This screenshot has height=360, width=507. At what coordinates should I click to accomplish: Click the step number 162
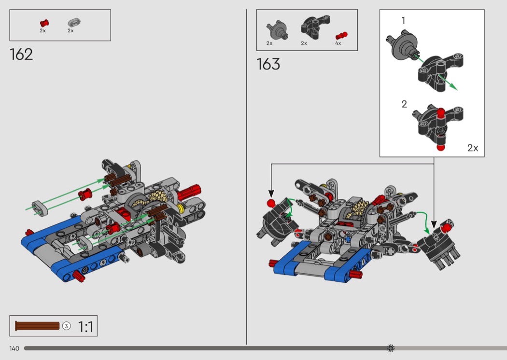tap(21, 55)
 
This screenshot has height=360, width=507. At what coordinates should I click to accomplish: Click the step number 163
tap(268, 64)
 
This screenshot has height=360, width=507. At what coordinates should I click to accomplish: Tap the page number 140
tap(14, 348)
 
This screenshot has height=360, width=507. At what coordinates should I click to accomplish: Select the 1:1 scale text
tap(85, 327)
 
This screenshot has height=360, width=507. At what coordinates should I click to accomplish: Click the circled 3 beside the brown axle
tap(66, 326)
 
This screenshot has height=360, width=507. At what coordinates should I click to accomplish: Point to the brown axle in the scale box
tap(37, 326)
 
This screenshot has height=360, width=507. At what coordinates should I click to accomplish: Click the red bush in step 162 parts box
tap(44, 23)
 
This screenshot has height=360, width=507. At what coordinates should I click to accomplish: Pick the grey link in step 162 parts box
tap(74, 23)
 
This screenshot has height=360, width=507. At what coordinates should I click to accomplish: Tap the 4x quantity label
tap(338, 43)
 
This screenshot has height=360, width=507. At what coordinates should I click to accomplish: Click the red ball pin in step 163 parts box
tap(341, 35)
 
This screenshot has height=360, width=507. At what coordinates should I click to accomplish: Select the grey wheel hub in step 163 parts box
tap(278, 30)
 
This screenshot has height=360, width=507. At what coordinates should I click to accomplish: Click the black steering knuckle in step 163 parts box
tap(315, 27)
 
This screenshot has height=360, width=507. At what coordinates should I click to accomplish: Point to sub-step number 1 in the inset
tap(403, 21)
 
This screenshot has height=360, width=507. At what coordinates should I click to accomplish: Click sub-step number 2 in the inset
tap(404, 104)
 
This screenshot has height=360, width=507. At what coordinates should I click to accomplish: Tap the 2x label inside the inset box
tap(472, 148)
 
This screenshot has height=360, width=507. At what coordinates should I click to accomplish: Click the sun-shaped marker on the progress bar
tap(391, 348)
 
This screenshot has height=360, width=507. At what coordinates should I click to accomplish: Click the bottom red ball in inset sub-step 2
tap(440, 147)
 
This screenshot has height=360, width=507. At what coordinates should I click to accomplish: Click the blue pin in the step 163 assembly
tap(348, 239)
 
